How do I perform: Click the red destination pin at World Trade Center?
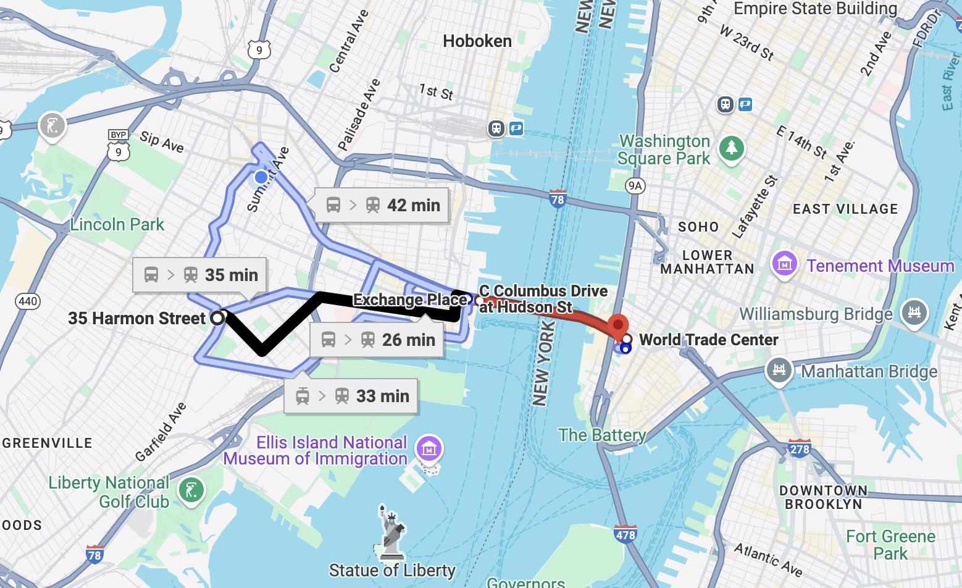[618, 326]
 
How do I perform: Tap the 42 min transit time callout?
[382, 205]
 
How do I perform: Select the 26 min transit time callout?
[377, 340]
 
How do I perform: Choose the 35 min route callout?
[199, 275]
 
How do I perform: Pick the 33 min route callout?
[351, 396]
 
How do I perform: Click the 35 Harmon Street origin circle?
[217, 318]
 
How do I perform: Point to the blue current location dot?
[261, 177]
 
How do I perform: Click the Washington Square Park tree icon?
[732, 148]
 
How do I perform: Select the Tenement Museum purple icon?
[784, 265]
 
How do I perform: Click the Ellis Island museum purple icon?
[429, 448]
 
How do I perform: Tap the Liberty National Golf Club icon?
[191, 491]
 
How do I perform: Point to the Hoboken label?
[477, 41]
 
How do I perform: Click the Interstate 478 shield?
[625, 535]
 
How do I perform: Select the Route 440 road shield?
[28, 301]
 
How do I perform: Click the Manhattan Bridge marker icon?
[779, 371]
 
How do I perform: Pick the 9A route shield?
[634, 186]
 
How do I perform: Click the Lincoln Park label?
[117, 224]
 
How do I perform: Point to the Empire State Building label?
[815, 9]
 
